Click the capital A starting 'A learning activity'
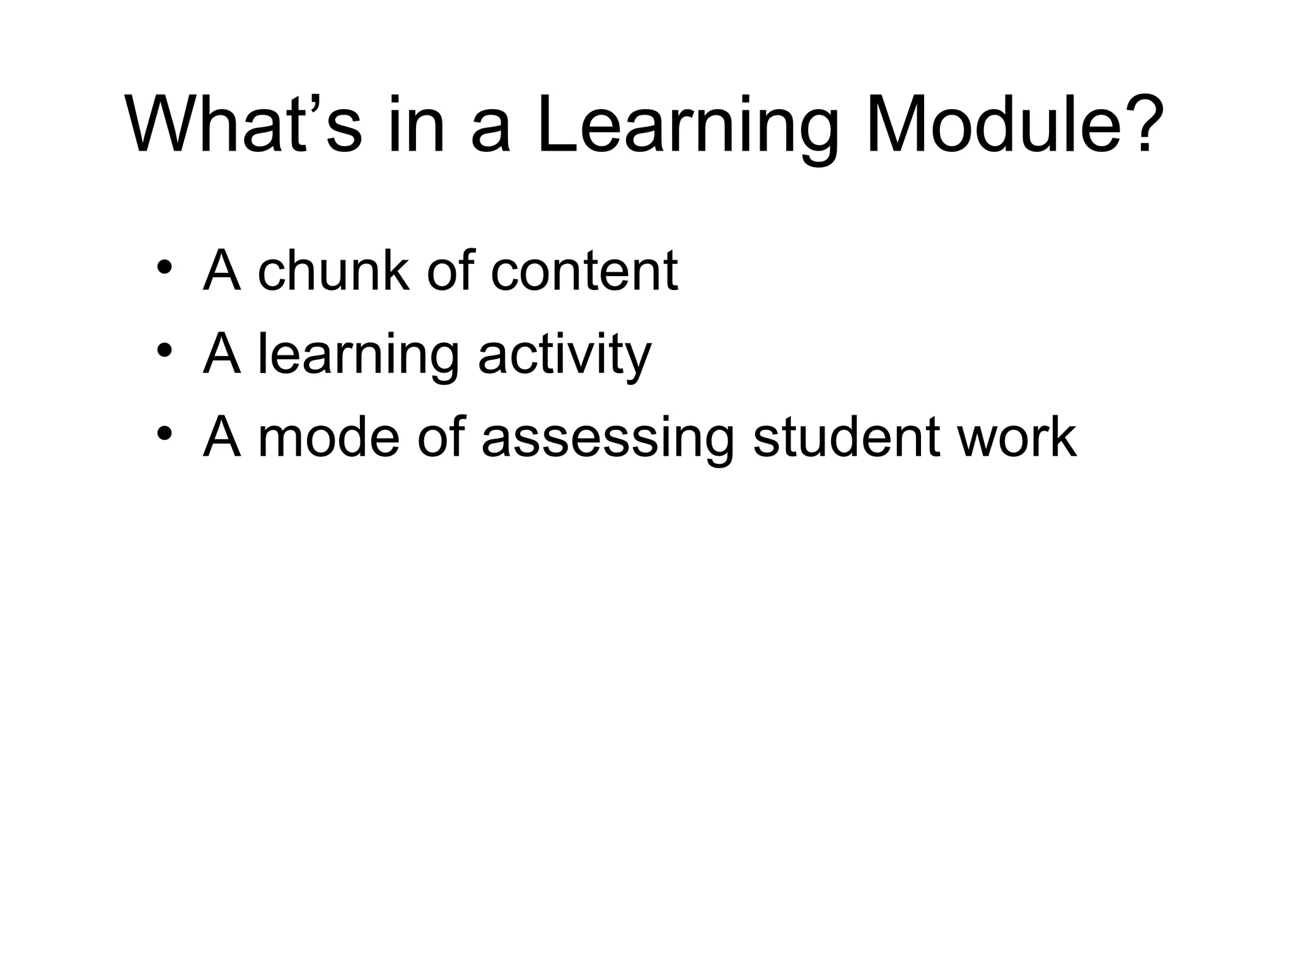[x=222, y=354]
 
